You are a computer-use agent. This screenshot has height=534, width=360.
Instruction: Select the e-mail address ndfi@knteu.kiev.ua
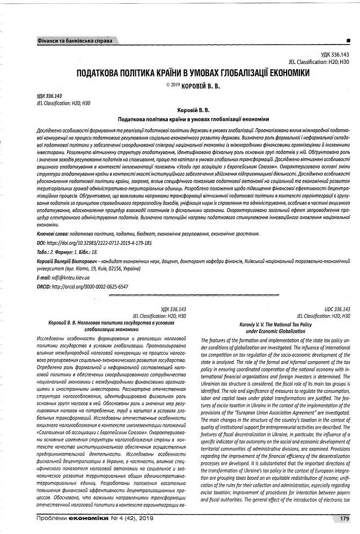[70, 277]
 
